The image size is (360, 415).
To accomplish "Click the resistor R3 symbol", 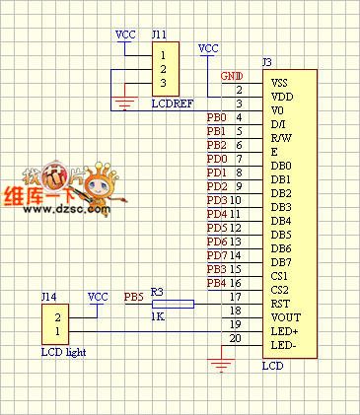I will tap(173, 304).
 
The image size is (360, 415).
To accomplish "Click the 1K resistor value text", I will tap(158, 317).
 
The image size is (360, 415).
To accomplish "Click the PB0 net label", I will tap(217, 117).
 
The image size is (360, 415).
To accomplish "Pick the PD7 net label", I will tap(217, 255).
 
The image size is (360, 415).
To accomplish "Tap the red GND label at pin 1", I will tap(231, 76).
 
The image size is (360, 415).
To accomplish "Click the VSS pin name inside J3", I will tap(280, 84).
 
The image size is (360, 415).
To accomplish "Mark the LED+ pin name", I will tap(284, 332).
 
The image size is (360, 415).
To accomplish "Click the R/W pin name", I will tap(281, 139).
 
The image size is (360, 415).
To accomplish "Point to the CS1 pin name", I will tap(280, 277).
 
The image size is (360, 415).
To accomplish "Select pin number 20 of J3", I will tap(235, 338).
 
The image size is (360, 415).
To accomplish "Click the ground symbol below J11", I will tap(124, 102).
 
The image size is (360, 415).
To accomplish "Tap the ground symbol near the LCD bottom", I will tap(223, 366).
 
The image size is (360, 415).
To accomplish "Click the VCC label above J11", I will tap(126, 35).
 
